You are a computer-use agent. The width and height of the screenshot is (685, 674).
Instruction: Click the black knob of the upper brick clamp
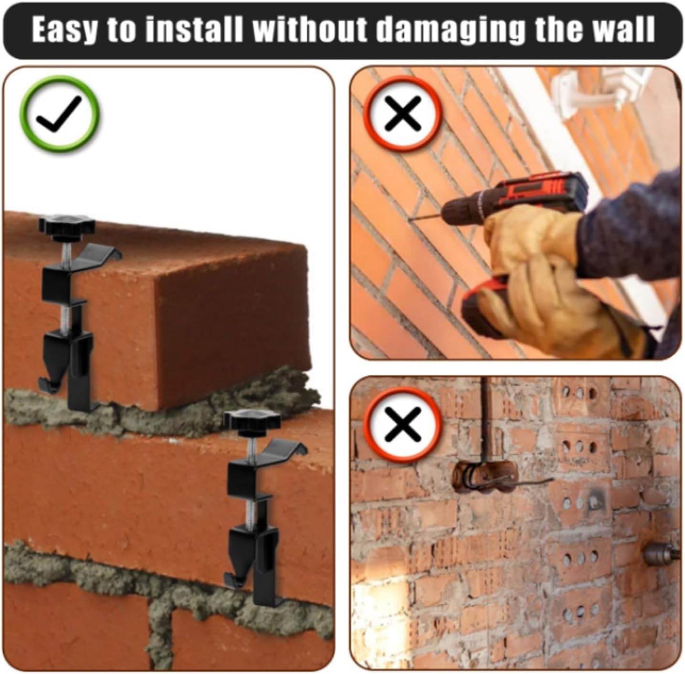pyautogui.click(x=67, y=226)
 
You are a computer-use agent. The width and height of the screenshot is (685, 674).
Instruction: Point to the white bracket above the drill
pyautogui.click(x=601, y=93)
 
